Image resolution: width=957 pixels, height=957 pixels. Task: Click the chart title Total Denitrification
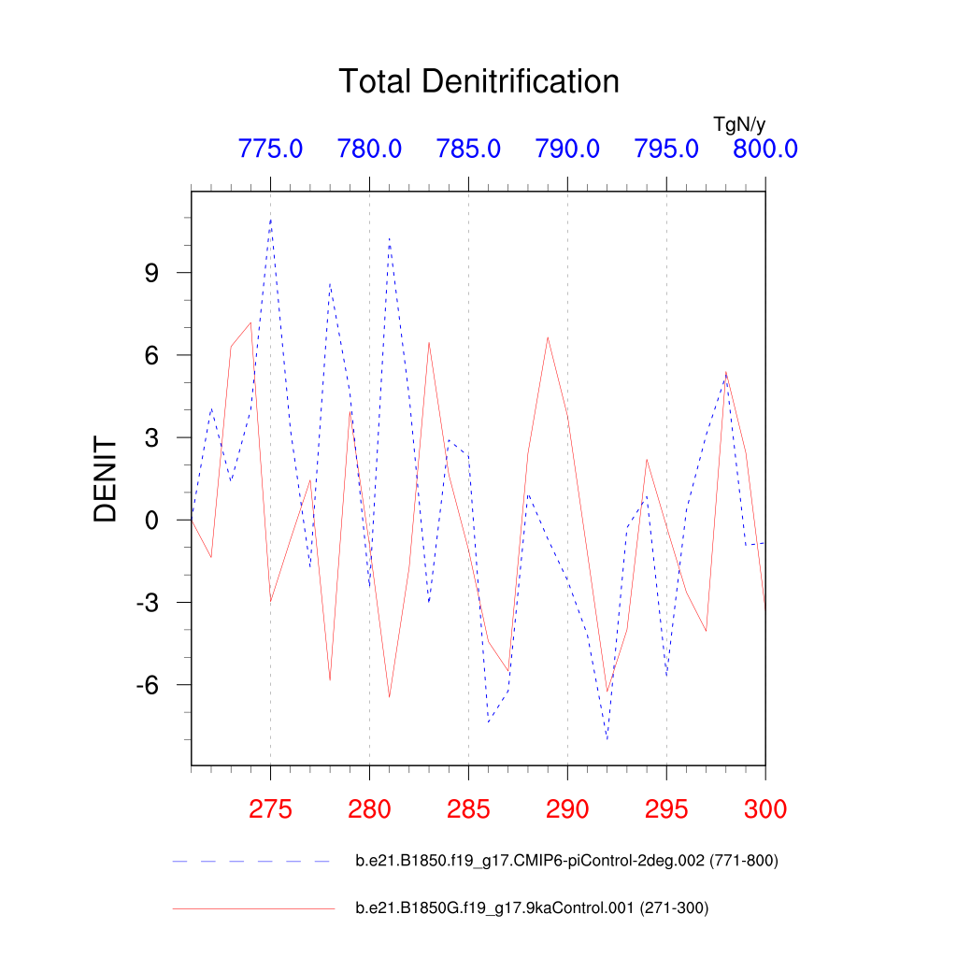[478, 81]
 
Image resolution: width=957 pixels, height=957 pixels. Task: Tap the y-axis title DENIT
[106, 480]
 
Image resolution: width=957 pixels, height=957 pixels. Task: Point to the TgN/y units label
[739, 123]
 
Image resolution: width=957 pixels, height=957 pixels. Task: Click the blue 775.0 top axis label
[270, 149]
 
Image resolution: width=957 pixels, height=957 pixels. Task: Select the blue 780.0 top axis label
[369, 149]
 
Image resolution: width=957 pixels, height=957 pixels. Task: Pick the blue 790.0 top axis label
[567, 149]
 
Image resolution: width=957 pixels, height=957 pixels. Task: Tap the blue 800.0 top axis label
[764, 149]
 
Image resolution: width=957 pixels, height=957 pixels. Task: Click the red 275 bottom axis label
[270, 808]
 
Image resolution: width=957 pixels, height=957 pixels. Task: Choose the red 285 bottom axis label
[468, 808]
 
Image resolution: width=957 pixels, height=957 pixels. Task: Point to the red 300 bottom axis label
[764, 808]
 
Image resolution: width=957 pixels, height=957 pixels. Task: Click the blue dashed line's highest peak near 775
[271, 220]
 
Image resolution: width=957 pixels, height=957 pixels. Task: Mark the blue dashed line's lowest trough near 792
[607, 739]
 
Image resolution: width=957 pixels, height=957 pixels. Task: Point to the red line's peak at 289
[548, 337]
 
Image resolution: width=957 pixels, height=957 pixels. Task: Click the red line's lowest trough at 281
[389, 697]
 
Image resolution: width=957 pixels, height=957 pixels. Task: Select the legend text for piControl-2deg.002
[566, 861]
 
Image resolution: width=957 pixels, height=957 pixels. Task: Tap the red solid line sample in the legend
[252, 907]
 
